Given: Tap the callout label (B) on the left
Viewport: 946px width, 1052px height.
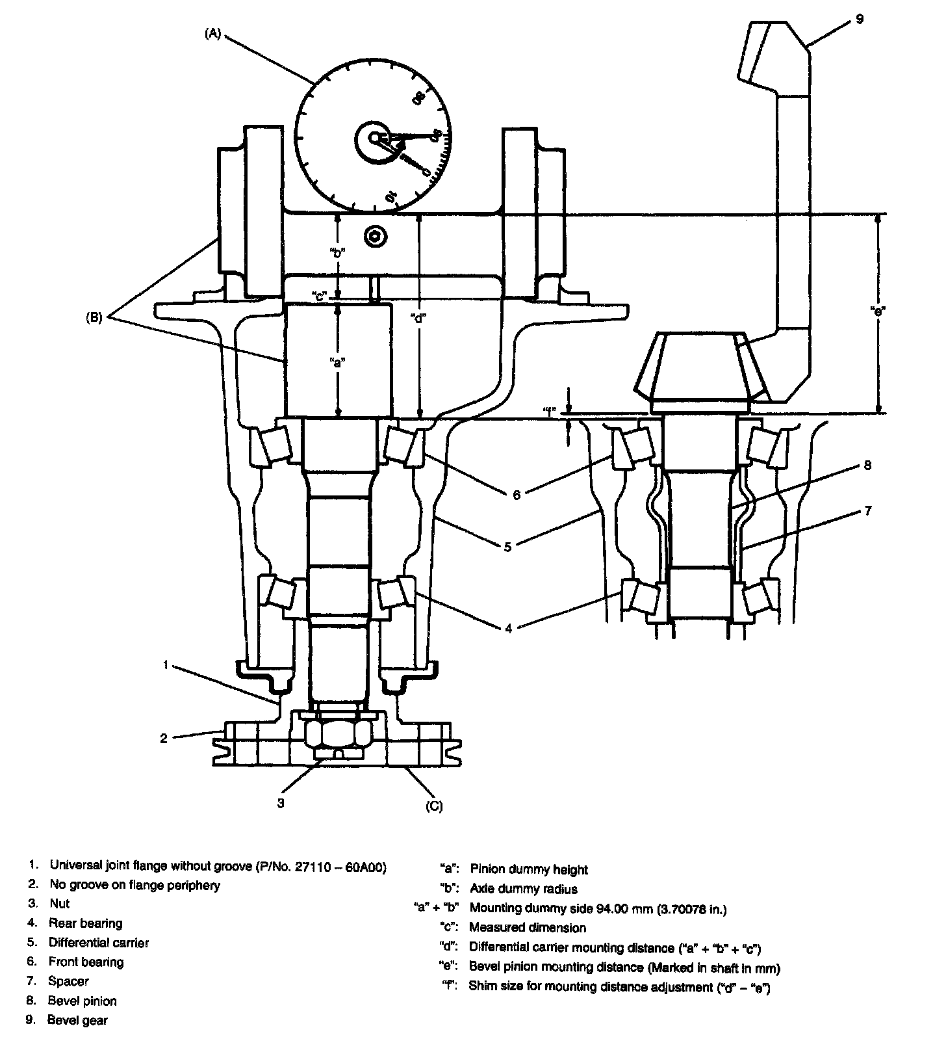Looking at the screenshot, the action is tap(95, 319).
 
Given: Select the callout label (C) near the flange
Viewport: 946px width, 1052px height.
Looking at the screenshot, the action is tap(434, 806).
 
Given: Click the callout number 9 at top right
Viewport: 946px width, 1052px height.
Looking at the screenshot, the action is tap(859, 20).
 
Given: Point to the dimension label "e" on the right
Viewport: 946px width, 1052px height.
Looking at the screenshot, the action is tap(878, 311).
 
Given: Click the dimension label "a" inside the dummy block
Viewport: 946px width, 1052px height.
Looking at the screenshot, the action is tap(337, 362).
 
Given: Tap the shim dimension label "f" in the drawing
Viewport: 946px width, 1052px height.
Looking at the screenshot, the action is tap(550, 411).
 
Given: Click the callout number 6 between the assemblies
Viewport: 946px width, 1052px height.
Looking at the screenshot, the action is tap(517, 495).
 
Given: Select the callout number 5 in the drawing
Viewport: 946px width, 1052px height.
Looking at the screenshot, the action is tap(508, 547).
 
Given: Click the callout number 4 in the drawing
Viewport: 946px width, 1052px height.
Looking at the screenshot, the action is tap(508, 628).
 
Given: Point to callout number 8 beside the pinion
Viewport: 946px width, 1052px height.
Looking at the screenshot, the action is tap(867, 465).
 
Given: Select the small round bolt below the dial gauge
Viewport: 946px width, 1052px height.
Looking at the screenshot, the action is tap(376, 237).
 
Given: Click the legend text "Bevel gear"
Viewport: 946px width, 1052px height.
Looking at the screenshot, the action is tap(77, 1020).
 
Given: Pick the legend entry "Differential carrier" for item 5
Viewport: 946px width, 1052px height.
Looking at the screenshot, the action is tap(99, 943).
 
